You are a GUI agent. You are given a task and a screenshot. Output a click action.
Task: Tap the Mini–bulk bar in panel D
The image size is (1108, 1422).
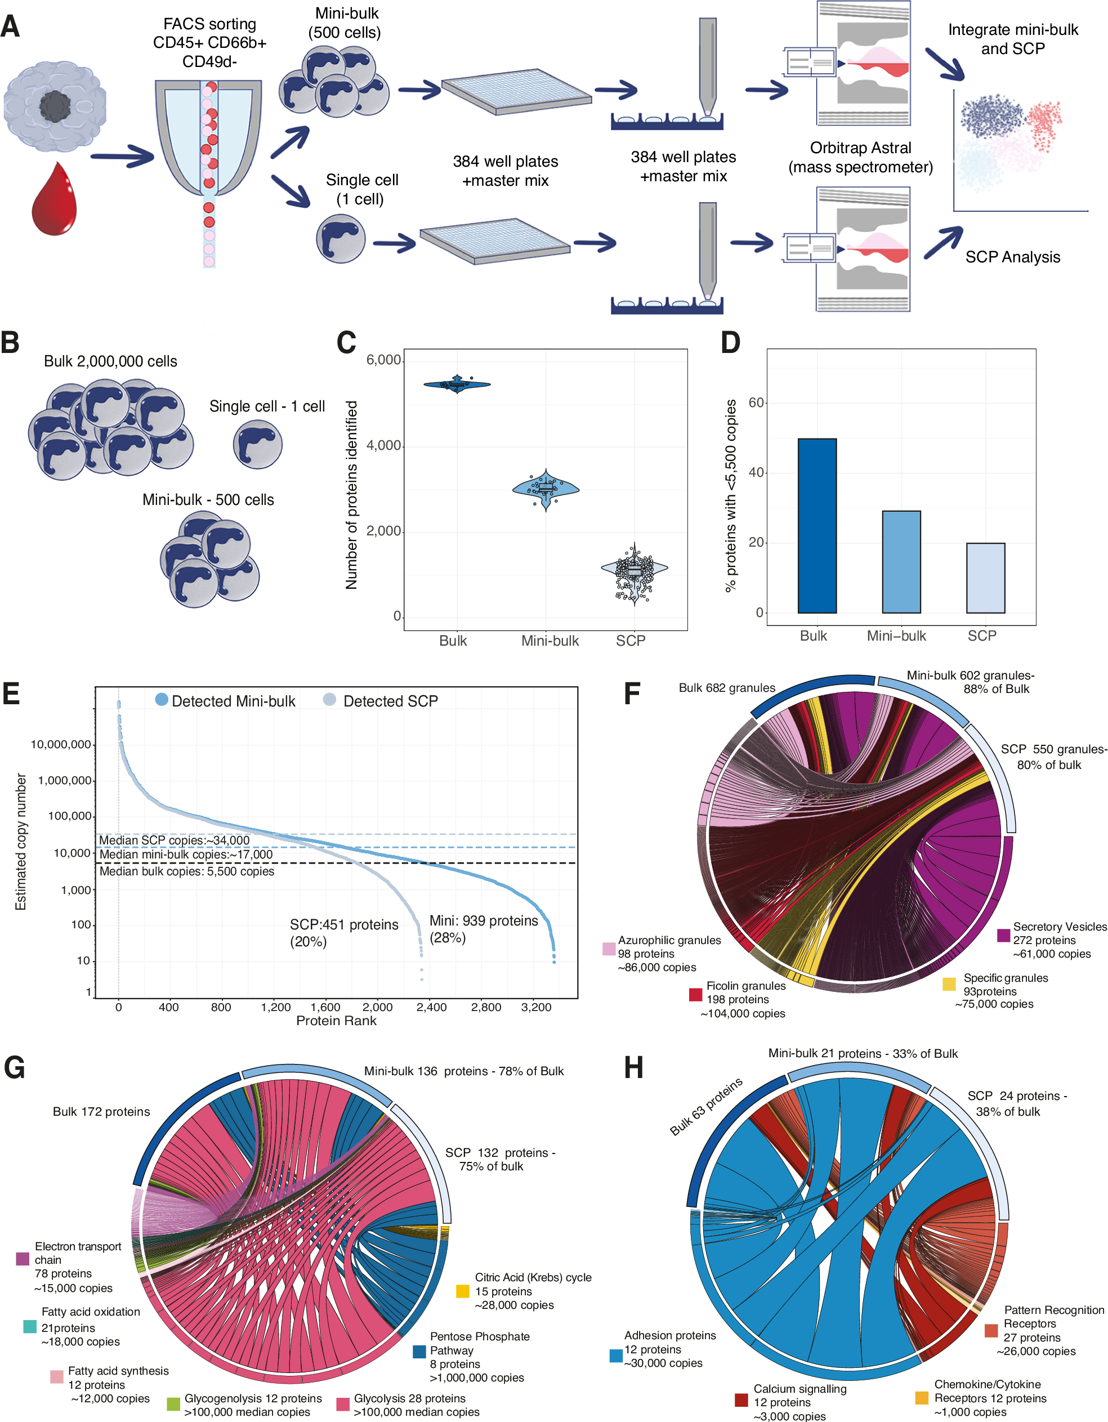901,561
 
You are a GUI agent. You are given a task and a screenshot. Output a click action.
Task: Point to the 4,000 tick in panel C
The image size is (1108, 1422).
383,445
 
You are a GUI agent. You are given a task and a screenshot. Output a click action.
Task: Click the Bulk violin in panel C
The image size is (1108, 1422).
457,384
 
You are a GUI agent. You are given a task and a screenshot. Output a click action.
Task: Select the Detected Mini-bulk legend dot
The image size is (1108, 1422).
162,700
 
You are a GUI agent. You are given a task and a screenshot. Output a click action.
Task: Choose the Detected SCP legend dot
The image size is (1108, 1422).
329,700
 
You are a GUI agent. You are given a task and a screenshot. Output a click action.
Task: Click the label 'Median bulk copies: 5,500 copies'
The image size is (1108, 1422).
187,871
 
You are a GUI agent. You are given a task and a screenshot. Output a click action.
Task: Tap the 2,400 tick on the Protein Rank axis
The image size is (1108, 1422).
432,1007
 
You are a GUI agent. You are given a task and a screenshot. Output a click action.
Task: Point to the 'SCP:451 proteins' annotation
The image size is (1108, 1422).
344,924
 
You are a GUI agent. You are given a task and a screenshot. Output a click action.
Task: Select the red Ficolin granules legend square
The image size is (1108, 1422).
695,994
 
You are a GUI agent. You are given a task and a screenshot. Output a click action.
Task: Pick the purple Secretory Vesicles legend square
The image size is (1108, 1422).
1003,935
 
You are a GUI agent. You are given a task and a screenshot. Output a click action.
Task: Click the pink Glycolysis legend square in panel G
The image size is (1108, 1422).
342,1405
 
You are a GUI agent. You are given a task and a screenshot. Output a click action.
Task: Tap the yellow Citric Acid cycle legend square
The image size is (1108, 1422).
462,1291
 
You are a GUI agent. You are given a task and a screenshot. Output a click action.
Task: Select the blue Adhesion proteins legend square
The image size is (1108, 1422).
615,1356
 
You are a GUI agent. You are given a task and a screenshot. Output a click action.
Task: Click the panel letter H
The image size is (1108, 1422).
633,1068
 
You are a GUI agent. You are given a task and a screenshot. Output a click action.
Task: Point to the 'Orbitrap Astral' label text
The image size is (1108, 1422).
860,148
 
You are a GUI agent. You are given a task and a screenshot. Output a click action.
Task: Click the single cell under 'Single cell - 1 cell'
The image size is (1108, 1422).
258,445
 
